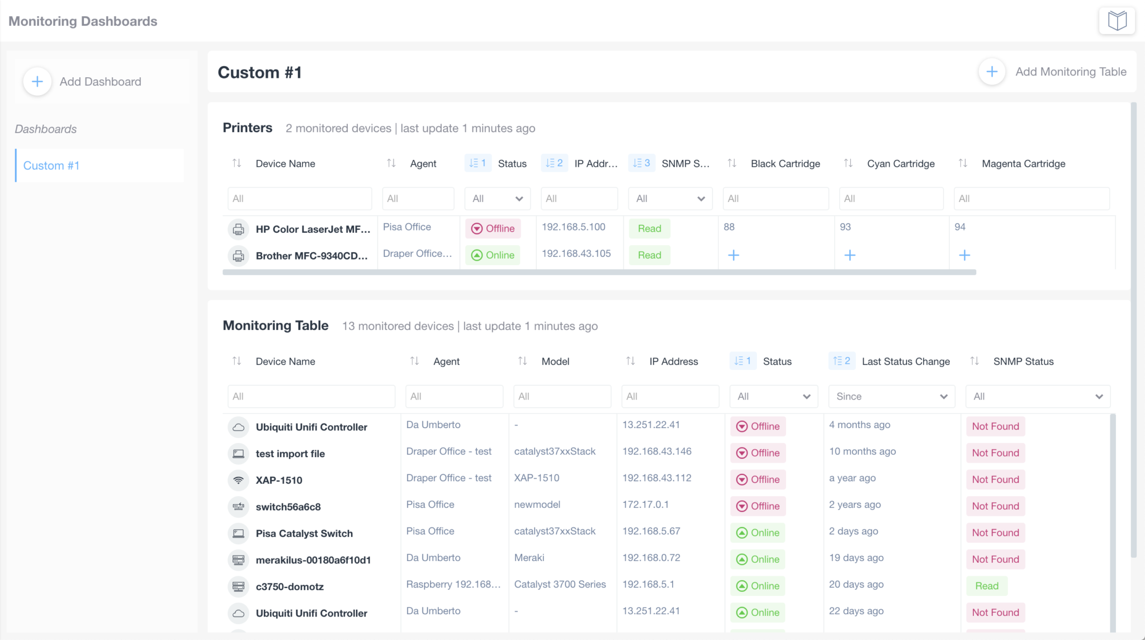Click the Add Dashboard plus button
coord(37,82)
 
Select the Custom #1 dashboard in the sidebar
coord(51,166)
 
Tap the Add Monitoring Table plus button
coord(992,72)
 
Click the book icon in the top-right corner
coord(1116,21)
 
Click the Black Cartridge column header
coord(785,163)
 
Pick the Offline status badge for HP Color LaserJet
coord(493,228)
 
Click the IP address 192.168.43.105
coord(576,253)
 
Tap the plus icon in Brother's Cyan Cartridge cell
coord(850,255)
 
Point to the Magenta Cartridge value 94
coord(960,227)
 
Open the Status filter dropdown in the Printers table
coord(497,199)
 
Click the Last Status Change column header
coord(905,361)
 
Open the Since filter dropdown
coord(891,397)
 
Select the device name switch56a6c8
coord(288,507)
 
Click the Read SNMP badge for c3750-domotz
coord(987,586)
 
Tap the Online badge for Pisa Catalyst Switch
coord(758,533)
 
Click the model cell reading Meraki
coord(529,558)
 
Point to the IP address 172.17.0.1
coord(645,505)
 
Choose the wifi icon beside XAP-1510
coord(239,480)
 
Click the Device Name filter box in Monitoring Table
coord(311,397)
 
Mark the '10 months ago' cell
coord(862,451)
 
